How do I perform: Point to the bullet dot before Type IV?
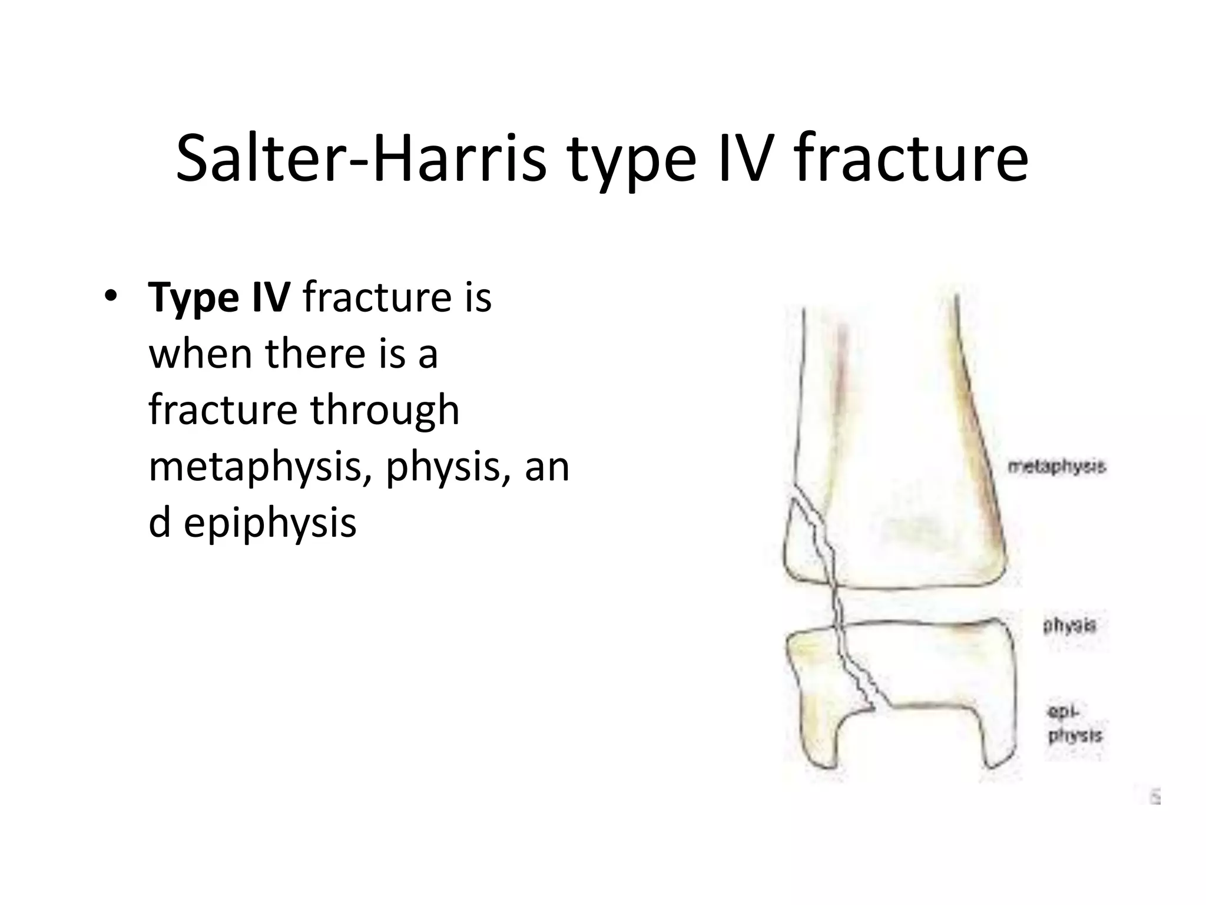(x=110, y=296)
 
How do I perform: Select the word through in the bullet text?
(x=385, y=410)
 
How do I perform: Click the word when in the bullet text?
(x=200, y=354)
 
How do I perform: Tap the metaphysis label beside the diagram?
(x=1056, y=467)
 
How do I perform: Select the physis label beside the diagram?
(x=1069, y=625)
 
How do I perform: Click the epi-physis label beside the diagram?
(x=1074, y=724)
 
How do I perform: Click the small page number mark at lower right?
(x=1155, y=799)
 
